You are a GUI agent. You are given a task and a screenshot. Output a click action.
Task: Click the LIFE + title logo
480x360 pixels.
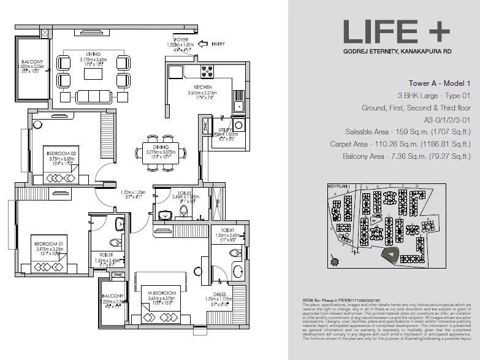tap(396, 31)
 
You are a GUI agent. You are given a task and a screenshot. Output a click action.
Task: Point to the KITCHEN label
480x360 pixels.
tap(203, 88)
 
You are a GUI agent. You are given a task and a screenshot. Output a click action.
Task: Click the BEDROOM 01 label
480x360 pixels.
tap(45, 244)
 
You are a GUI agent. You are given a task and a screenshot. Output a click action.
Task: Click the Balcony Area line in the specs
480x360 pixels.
tap(415, 155)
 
